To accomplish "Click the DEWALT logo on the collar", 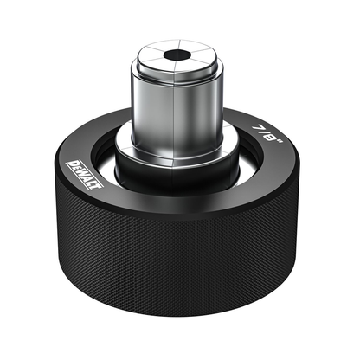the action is pos(85,175).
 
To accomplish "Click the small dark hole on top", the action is pos(177,55).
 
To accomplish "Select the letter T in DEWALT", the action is pos(98,185).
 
